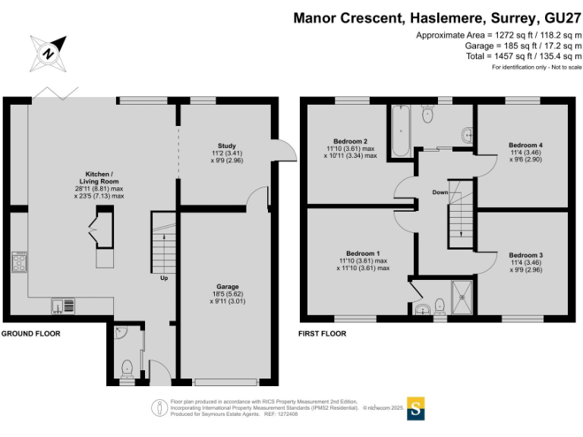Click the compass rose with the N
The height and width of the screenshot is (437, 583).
click(48, 53)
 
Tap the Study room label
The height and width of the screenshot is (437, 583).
click(227, 146)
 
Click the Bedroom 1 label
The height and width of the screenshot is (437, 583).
click(363, 253)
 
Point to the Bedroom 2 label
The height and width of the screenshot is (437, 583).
click(351, 141)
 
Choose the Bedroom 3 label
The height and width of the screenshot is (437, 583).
click(526, 255)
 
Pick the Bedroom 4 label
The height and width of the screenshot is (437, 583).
click(525, 145)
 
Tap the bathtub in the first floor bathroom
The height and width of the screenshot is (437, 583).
click(400, 131)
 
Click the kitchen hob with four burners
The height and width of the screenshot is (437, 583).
click(20, 263)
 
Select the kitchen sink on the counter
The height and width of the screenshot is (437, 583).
click(62, 306)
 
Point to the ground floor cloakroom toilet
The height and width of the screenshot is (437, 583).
click(127, 367)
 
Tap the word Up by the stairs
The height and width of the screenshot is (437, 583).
click(163, 278)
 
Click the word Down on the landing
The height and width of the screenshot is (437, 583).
click(440, 192)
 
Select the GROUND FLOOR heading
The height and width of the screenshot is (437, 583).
click(30, 333)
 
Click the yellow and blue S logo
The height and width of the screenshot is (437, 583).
click(416, 407)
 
